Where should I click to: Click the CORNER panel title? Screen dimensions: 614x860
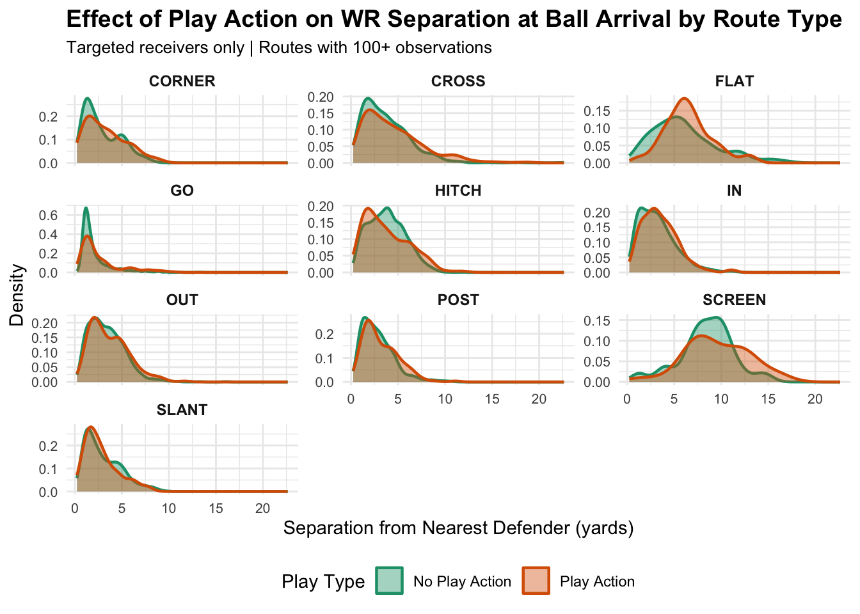point(182,81)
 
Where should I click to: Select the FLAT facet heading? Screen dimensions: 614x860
point(734,81)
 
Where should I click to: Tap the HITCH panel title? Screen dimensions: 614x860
point(458,191)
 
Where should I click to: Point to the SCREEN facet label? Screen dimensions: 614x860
point(734,300)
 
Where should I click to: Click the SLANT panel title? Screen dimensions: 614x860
point(182,410)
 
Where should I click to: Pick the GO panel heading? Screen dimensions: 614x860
point(182,191)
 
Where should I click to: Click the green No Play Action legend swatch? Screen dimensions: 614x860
point(389,581)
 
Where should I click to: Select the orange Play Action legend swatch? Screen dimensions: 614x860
point(536,581)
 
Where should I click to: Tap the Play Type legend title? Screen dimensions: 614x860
point(323,581)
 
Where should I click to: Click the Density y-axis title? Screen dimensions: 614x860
point(17,295)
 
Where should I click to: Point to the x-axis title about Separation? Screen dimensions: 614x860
point(458,528)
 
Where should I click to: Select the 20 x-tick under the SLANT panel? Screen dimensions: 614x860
point(263,509)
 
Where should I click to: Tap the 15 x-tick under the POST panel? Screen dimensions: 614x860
point(492,399)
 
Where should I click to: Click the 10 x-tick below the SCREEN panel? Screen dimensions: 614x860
point(721,399)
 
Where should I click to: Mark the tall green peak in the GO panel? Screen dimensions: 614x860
point(86,208)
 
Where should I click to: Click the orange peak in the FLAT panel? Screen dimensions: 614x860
point(685,98)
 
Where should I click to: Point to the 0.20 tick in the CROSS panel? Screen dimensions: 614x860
point(320,97)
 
